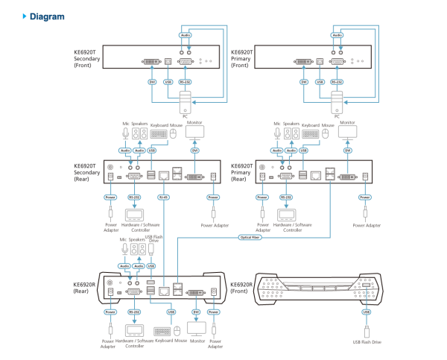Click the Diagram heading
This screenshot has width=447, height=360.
(46, 16)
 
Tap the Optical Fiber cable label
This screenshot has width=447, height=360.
(250, 237)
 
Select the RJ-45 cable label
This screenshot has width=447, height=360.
(164, 198)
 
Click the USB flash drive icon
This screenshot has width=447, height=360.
(366, 332)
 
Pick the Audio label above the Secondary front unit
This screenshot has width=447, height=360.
(186, 35)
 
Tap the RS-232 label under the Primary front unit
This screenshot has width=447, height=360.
(337, 81)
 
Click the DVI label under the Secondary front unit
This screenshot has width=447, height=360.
(152, 81)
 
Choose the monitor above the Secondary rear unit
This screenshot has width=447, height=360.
(194, 133)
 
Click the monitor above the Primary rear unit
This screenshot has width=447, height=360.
(347, 133)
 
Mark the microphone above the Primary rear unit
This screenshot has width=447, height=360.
(277, 133)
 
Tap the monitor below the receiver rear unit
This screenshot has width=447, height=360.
(197, 328)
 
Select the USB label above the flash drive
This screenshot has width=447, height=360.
(366, 312)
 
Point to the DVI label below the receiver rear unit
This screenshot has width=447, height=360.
(197, 312)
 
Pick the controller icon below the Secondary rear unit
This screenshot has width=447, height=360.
(134, 215)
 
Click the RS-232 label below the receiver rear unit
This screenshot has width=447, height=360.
(134, 312)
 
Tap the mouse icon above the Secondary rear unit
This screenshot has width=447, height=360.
(174, 133)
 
